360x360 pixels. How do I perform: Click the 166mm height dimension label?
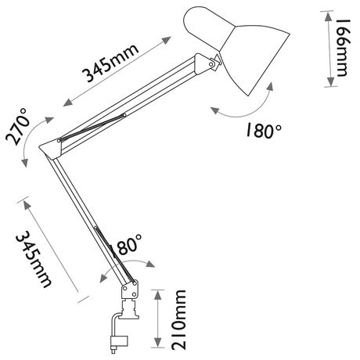pos(343,48)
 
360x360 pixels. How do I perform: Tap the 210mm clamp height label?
pos(178,319)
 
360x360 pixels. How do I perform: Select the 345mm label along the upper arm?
pos(110,63)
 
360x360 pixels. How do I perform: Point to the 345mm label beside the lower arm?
pos(34,260)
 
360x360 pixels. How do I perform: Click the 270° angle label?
pos(17,127)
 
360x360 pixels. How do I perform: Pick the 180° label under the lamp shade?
pos(264,131)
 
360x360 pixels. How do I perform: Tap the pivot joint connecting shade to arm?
pos(214,63)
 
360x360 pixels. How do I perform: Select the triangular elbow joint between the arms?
pos(52,149)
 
